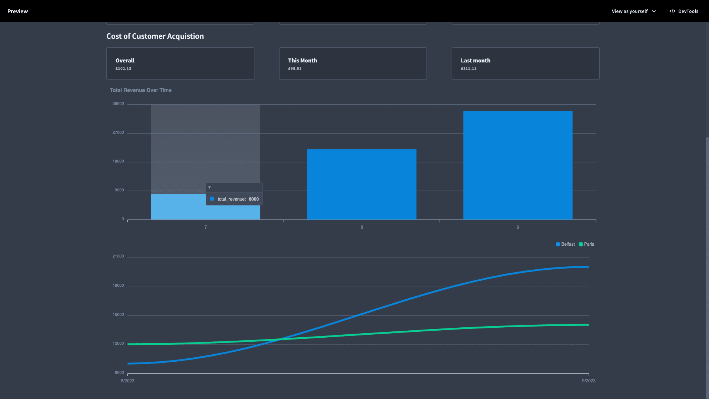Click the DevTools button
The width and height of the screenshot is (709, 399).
click(x=684, y=11)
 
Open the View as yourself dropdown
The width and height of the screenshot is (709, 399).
click(x=634, y=11)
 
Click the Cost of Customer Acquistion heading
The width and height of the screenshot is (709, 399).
click(x=155, y=36)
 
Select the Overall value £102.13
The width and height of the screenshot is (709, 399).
click(x=123, y=69)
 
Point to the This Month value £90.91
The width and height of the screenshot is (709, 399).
click(x=295, y=69)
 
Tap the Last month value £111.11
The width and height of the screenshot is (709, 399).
click(x=469, y=69)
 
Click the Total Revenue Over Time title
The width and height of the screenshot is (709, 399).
click(x=141, y=90)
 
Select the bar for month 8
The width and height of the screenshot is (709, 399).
click(x=362, y=184)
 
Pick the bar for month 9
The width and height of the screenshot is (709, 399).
click(x=518, y=165)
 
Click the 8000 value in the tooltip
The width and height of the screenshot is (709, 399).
click(x=254, y=199)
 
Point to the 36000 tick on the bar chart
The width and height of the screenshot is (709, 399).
click(x=118, y=104)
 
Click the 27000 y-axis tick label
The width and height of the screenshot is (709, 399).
click(x=118, y=133)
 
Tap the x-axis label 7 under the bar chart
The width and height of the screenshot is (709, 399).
click(x=206, y=227)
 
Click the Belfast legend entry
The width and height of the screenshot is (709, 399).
click(x=565, y=244)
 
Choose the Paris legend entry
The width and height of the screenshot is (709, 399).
click(x=586, y=244)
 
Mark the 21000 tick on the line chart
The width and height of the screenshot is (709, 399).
click(x=118, y=256)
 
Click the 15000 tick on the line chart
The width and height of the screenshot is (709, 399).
click(x=118, y=315)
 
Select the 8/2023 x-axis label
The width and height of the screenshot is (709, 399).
click(x=127, y=381)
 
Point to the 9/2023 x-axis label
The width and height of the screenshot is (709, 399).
click(x=589, y=381)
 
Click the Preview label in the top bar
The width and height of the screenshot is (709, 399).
click(x=17, y=11)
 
